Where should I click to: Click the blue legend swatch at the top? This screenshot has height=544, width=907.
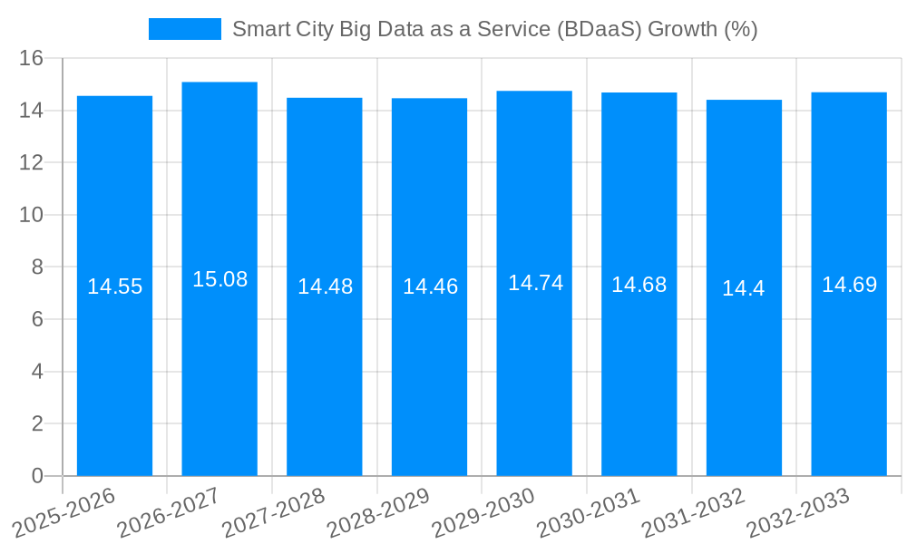pos(185,29)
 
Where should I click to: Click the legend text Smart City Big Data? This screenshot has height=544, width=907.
pos(494,29)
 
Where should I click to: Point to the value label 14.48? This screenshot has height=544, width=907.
pos(325,287)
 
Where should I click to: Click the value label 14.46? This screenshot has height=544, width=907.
pos(430,287)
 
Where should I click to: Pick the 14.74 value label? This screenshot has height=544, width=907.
pos(535,283)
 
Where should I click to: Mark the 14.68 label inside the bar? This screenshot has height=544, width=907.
pos(639,285)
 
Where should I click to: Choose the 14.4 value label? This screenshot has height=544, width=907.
pos(743,288)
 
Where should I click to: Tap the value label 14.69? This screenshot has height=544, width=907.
pos(849,285)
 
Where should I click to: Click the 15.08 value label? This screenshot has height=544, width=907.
pos(219,279)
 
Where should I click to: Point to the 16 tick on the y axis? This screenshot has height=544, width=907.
pos(32,59)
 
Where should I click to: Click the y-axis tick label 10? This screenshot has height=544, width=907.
pos(32,215)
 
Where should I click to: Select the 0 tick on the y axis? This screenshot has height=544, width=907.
pos(37,475)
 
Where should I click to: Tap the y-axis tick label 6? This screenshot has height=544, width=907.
pos(37,319)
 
